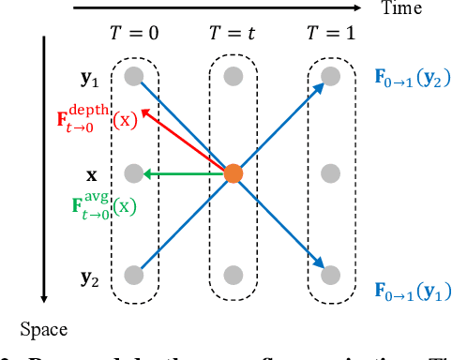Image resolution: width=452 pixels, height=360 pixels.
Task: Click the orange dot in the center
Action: (x=234, y=173)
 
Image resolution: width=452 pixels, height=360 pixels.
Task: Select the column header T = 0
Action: (x=134, y=34)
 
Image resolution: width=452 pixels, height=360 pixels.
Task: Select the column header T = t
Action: (x=233, y=34)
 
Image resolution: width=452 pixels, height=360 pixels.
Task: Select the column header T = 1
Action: (x=329, y=34)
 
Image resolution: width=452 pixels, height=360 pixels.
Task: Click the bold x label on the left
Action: (x=91, y=174)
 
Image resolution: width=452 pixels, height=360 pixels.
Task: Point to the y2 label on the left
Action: (x=90, y=277)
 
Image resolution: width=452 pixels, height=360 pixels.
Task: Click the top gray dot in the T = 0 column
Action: (x=134, y=74)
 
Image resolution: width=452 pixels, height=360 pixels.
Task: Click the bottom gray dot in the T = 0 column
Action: (x=134, y=275)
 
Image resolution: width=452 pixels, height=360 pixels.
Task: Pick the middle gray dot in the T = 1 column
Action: (x=329, y=173)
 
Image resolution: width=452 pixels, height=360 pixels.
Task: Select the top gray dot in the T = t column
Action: (x=233, y=74)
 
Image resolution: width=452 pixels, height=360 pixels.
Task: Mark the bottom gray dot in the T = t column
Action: (x=233, y=275)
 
